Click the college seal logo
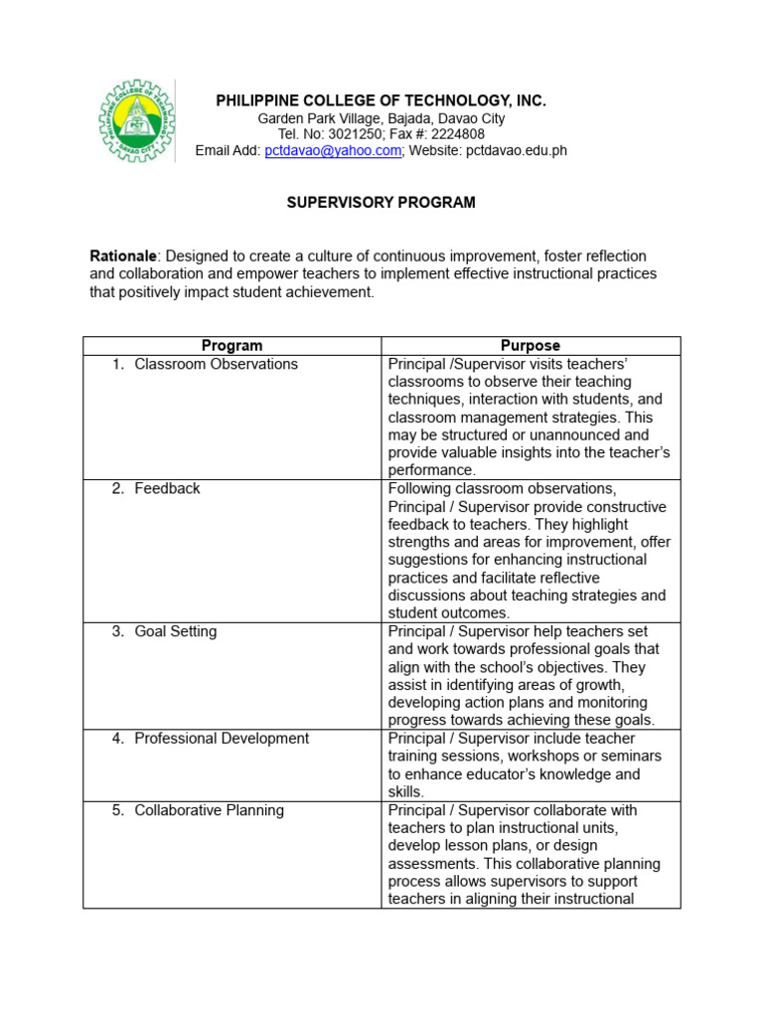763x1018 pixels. pos(136,122)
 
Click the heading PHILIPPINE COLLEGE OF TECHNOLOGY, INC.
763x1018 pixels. pos(381,101)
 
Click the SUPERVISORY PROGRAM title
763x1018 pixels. pos(381,202)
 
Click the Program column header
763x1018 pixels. pos(231,346)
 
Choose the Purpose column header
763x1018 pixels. pos(531,346)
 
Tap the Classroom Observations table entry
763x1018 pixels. pos(216,364)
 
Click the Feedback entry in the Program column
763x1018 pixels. pos(167,488)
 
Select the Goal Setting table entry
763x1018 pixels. pos(176,631)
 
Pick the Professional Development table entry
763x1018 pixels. pos(222,738)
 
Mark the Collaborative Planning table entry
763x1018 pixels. pos(209,810)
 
